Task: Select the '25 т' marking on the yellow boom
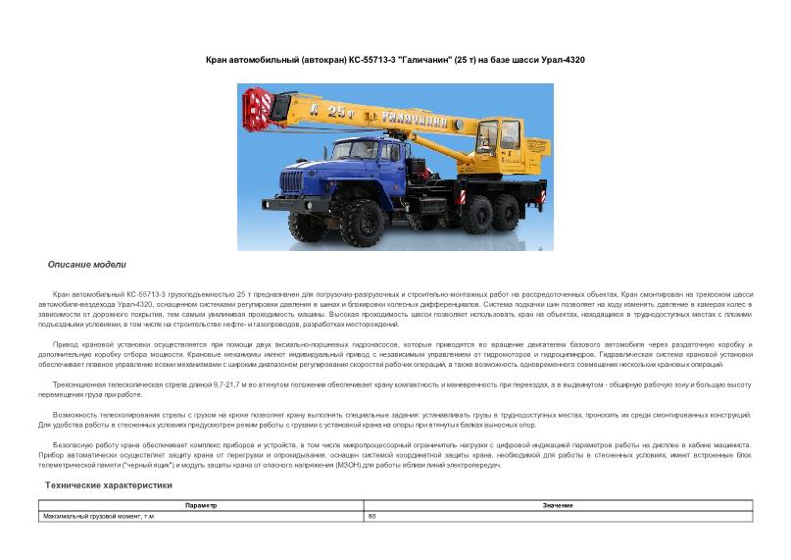336,111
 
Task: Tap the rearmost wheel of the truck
524,208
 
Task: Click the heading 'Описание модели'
86,265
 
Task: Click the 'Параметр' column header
200,505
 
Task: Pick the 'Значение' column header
558,505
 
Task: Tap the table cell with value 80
372,516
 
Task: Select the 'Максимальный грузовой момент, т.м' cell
98,516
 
